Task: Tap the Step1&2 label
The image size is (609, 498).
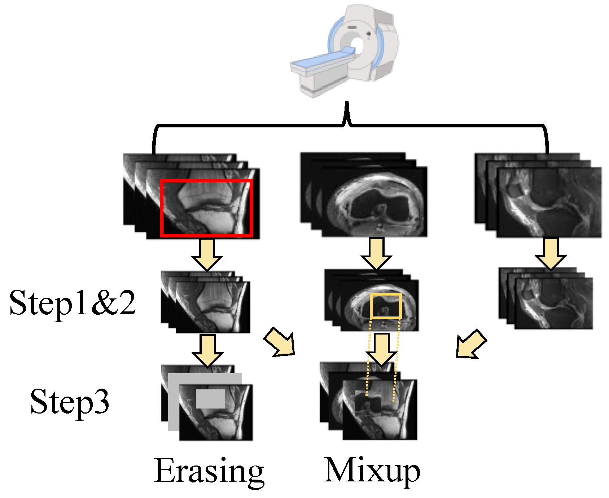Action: pyautogui.click(x=72, y=303)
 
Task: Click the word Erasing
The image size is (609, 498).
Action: pyautogui.click(x=209, y=471)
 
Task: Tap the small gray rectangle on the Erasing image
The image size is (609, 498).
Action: pyautogui.click(x=210, y=399)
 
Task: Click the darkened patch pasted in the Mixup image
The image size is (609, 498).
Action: pyautogui.click(x=368, y=403)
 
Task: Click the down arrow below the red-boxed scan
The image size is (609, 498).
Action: pyautogui.click(x=207, y=254)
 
